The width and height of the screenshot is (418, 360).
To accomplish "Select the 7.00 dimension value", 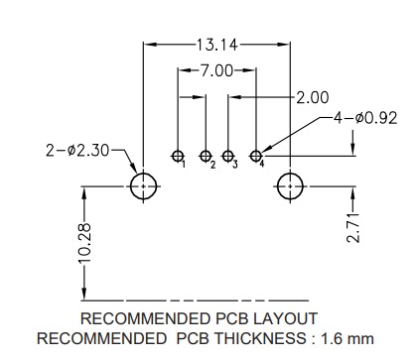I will pos(215,70).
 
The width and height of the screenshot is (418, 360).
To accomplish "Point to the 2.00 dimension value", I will pos(312,97).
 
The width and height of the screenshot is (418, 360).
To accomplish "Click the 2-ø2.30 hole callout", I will pos(78,150).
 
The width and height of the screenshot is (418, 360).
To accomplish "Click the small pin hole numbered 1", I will pos(178,156).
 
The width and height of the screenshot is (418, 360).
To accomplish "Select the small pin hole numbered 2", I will pos(206,156).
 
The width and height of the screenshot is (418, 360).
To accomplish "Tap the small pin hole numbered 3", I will pos(228,156).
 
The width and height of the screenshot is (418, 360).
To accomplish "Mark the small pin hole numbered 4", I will pos(256,156).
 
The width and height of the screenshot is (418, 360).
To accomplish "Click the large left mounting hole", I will pos(144,185).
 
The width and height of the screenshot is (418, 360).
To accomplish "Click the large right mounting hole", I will pos(290,185).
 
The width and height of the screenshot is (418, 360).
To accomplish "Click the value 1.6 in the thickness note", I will pos(333,338).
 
